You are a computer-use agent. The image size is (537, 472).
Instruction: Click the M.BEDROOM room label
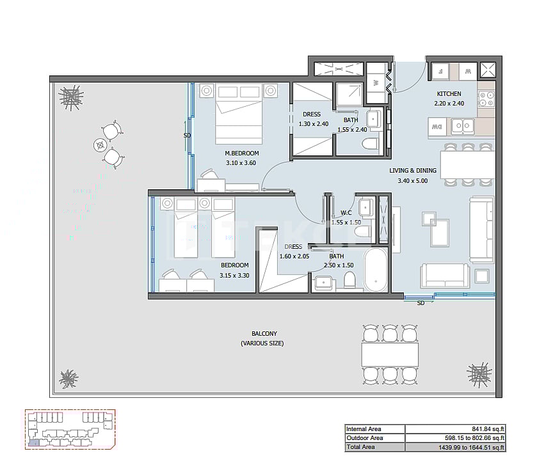pyautogui.click(x=241, y=153)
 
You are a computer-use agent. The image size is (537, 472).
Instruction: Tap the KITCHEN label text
pyautogui.click(x=449, y=93)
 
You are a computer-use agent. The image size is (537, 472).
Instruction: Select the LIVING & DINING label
pyautogui.click(x=413, y=171)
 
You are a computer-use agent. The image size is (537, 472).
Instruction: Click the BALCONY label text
pyautogui.click(x=262, y=334)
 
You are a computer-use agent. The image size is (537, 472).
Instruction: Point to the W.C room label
pyautogui.click(x=346, y=213)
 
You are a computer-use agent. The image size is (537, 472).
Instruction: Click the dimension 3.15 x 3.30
pyautogui.click(x=234, y=275)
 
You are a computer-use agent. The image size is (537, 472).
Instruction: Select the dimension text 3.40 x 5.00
pyautogui.click(x=413, y=181)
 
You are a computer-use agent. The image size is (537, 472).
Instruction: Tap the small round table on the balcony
pyautogui.click(x=100, y=145)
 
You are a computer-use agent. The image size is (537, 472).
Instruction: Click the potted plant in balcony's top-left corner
pyautogui.click(x=70, y=97)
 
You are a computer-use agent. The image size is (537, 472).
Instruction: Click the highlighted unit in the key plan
pyautogui.click(x=33, y=441)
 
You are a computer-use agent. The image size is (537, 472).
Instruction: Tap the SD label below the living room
pyautogui.click(x=421, y=303)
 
